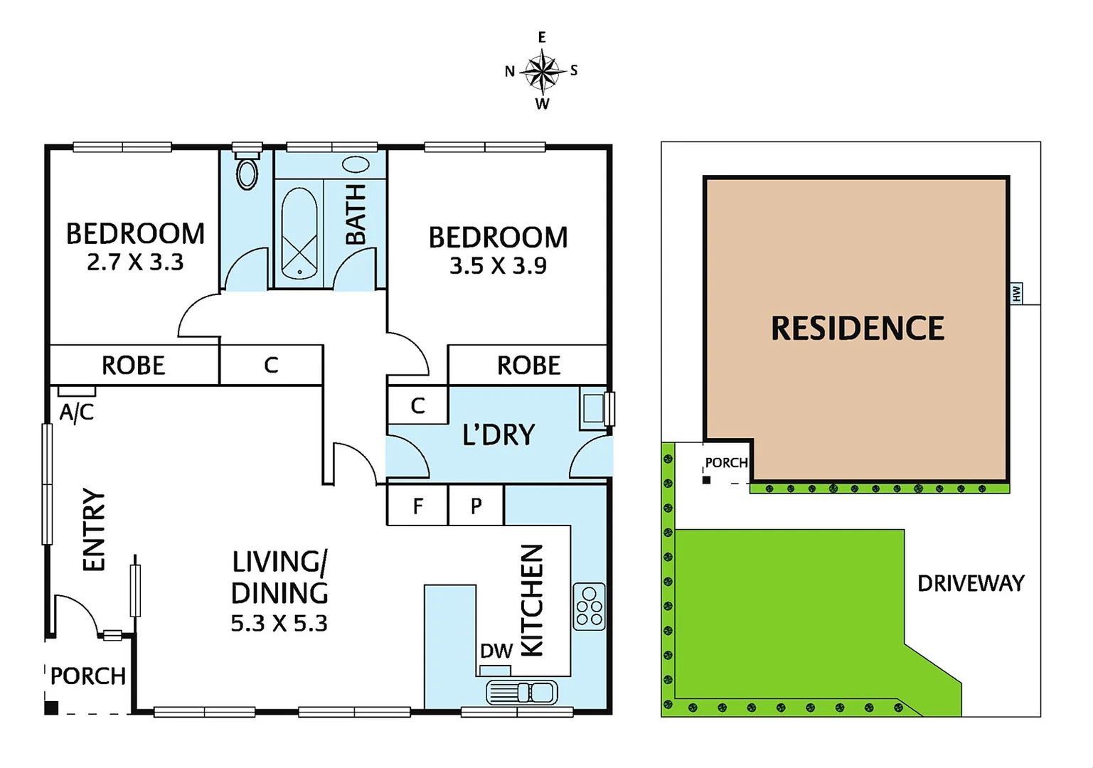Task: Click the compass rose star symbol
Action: click(x=543, y=71)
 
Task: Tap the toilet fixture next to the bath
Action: click(x=247, y=171)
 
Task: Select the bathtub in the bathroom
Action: click(x=299, y=234)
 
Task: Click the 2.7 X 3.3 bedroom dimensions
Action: click(x=135, y=262)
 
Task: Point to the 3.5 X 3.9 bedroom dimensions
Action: click(x=498, y=266)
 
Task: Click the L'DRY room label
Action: click(x=498, y=434)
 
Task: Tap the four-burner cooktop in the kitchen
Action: click(x=589, y=607)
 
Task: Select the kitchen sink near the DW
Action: click(x=522, y=692)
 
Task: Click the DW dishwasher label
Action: click(x=496, y=651)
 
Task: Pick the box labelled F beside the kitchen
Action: click(x=417, y=506)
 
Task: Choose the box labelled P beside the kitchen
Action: click(x=476, y=506)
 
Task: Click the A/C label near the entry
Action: click(x=76, y=412)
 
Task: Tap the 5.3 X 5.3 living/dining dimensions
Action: click(x=279, y=624)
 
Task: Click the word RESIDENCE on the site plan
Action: click(x=858, y=329)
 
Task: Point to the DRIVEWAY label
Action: click(x=971, y=584)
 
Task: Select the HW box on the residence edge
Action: click(x=1016, y=292)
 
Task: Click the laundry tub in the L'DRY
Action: click(x=592, y=409)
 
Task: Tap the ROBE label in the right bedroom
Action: click(x=528, y=366)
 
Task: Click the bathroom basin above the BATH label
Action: click(x=356, y=165)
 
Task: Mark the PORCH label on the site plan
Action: click(x=726, y=463)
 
